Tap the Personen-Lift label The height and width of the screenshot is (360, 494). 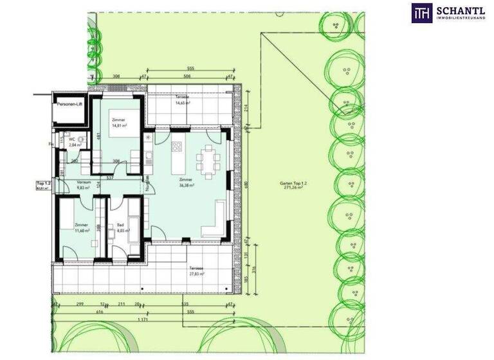(x=70, y=104)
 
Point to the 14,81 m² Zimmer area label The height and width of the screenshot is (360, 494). (x=116, y=127)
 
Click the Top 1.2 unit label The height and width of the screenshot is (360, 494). (x=43, y=184)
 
